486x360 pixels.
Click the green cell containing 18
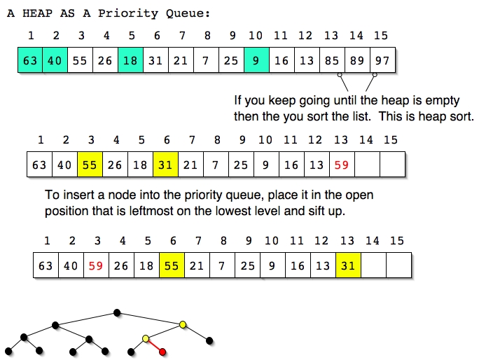pyautogui.click(x=130, y=60)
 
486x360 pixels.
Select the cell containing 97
pyautogui.click(x=383, y=60)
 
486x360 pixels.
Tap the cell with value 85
pyautogui.click(x=332, y=60)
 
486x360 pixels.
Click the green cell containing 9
pyautogui.click(x=256, y=60)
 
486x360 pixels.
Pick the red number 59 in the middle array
pyautogui.click(x=342, y=165)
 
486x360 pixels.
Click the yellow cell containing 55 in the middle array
pyautogui.click(x=90, y=165)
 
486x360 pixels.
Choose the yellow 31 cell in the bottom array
pyautogui.click(x=348, y=265)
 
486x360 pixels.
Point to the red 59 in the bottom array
pyautogui.click(x=96, y=265)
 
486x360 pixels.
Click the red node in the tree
pyautogui.click(x=162, y=352)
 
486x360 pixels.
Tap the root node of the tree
pyautogui.click(x=117, y=312)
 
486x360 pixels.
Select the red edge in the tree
pyautogui.click(x=154, y=345)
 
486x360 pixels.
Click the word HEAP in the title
pyautogui.click(x=38, y=13)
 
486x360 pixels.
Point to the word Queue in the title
pyautogui.click(x=188, y=13)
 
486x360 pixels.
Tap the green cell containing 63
pyautogui.click(x=30, y=60)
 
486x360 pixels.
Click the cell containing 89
pyautogui.click(x=358, y=60)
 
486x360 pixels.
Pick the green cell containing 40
pyautogui.click(x=55, y=60)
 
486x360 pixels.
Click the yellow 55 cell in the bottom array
pyautogui.click(x=172, y=265)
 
